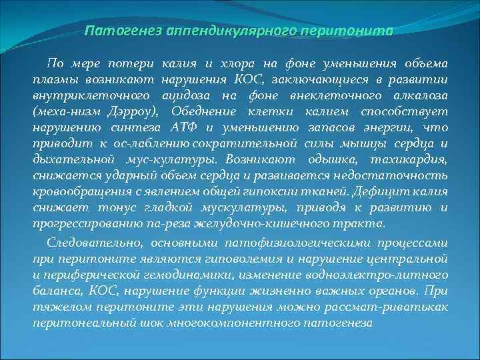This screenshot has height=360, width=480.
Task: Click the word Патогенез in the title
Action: pos(121,31)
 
